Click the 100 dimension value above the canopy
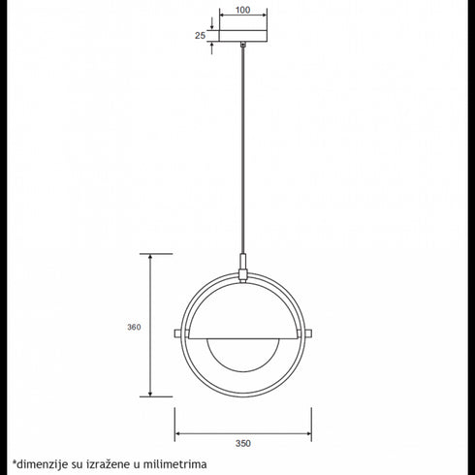pyautogui.click(x=242, y=10)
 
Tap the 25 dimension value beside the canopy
pyautogui.click(x=199, y=35)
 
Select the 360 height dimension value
pyautogui.click(x=134, y=327)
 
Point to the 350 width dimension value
pyautogui.click(x=242, y=443)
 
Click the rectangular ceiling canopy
pyautogui.click(x=242, y=35)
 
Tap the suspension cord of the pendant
pyautogui.click(x=242, y=145)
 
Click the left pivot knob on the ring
pyautogui.click(x=177, y=334)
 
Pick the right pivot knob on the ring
pyautogui.click(x=307, y=334)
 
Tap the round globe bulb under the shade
pyautogui.click(x=242, y=355)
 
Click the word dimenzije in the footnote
pyautogui.click(x=41, y=464)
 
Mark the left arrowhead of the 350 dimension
pyautogui.click(x=177, y=432)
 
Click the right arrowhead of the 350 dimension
pyautogui.click(x=307, y=432)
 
